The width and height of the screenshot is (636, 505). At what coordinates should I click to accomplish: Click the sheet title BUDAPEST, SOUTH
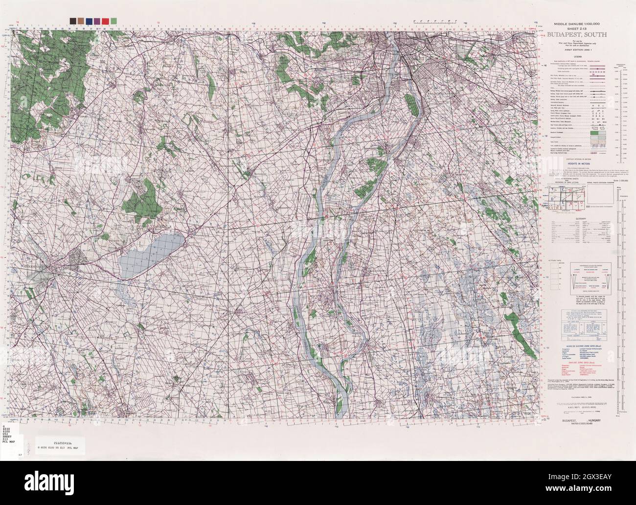click(x=577, y=35)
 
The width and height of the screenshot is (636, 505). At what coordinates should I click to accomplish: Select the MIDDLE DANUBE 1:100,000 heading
click(x=577, y=24)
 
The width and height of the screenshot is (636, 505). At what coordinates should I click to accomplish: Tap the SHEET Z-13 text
click(x=577, y=28)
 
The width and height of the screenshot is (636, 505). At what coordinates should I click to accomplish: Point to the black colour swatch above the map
click(x=73, y=21)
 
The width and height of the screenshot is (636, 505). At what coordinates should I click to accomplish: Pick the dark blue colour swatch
click(x=90, y=21)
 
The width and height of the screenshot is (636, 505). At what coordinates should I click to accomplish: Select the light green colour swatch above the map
click(x=114, y=21)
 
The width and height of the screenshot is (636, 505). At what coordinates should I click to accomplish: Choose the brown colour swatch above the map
click(x=81, y=21)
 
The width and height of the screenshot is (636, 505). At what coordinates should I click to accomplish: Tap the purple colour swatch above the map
click(x=98, y=21)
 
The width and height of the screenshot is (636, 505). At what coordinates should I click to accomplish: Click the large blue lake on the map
click(x=152, y=252)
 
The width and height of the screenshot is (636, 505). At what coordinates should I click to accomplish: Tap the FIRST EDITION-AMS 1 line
click(x=577, y=50)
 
